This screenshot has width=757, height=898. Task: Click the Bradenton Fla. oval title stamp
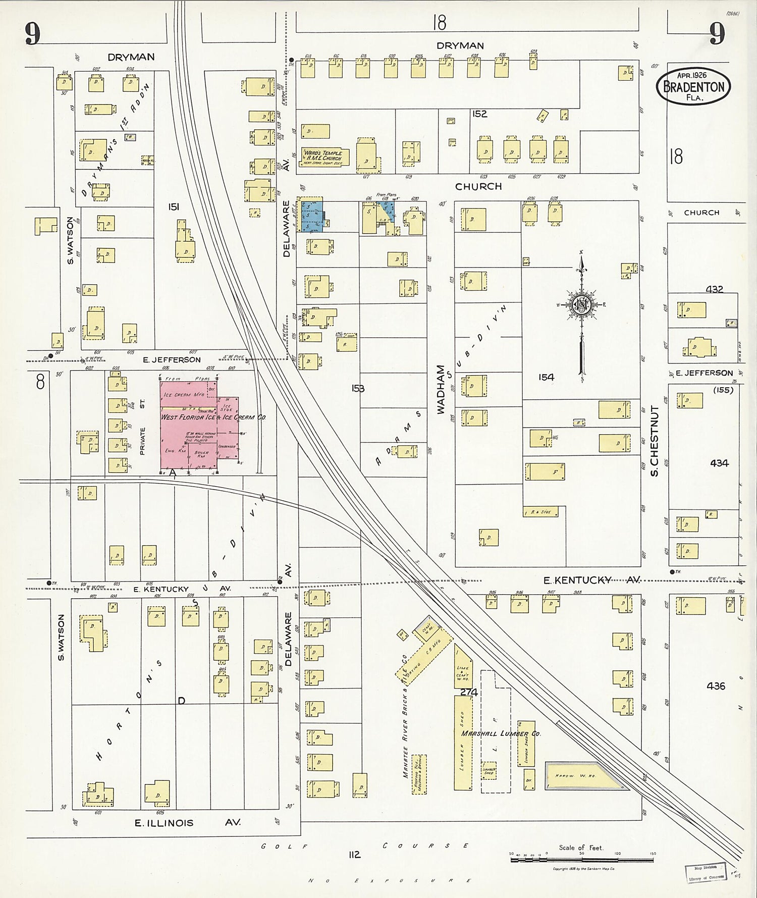click(693, 87)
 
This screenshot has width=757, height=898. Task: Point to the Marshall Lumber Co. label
click(501, 733)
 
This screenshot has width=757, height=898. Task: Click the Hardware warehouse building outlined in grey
click(585, 776)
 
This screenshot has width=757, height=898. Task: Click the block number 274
click(468, 693)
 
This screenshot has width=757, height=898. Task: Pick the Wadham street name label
click(440, 390)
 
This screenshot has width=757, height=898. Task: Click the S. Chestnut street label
click(654, 443)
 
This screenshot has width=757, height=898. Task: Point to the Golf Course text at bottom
click(365, 846)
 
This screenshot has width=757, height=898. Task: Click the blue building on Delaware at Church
click(311, 216)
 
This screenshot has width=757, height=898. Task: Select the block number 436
click(716, 686)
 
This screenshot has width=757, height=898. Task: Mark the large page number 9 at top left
click(32, 34)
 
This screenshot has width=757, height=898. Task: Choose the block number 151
click(174, 207)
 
